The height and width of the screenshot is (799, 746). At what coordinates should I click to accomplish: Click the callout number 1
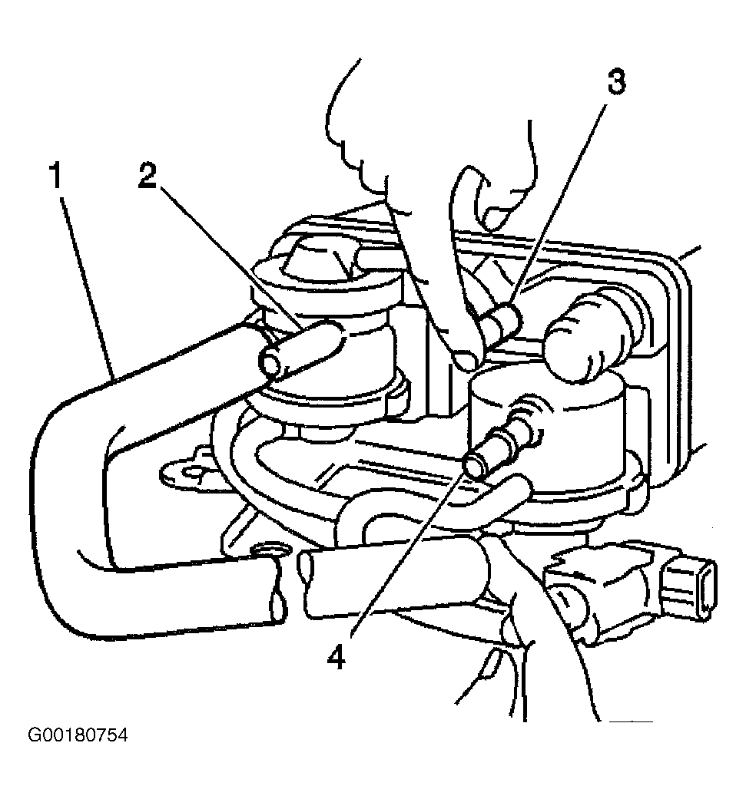pos(56,175)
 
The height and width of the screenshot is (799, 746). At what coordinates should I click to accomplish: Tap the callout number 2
pos(147,177)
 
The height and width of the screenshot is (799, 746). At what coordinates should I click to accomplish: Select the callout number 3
pos(616,82)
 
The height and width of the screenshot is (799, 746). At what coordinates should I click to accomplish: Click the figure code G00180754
pos(78,735)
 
